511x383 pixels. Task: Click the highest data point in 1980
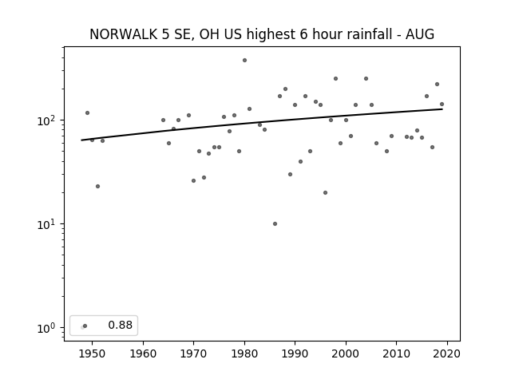[x=244, y=61]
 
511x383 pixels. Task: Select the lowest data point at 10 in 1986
[x=275, y=223]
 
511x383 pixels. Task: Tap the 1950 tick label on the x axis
[x=93, y=353]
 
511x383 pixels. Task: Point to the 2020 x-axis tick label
[x=447, y=353]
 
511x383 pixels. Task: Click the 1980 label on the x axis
[x=244, y=353]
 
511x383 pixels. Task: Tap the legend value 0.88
[x=121, y=325]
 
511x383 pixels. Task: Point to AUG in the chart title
[x=420, y=34]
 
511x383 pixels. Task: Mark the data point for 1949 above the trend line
[x=87, y=113]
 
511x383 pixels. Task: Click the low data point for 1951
[x=97, y=186]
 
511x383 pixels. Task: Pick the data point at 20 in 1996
[x=325, y=193]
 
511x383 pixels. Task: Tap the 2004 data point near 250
[x=366, y=78]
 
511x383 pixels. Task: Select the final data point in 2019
[x=442, y=105]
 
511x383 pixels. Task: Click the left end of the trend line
[x=81, y=140]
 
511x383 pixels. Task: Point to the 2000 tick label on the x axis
[x=346, y=353]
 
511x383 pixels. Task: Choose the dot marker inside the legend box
[x=85, y=326]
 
